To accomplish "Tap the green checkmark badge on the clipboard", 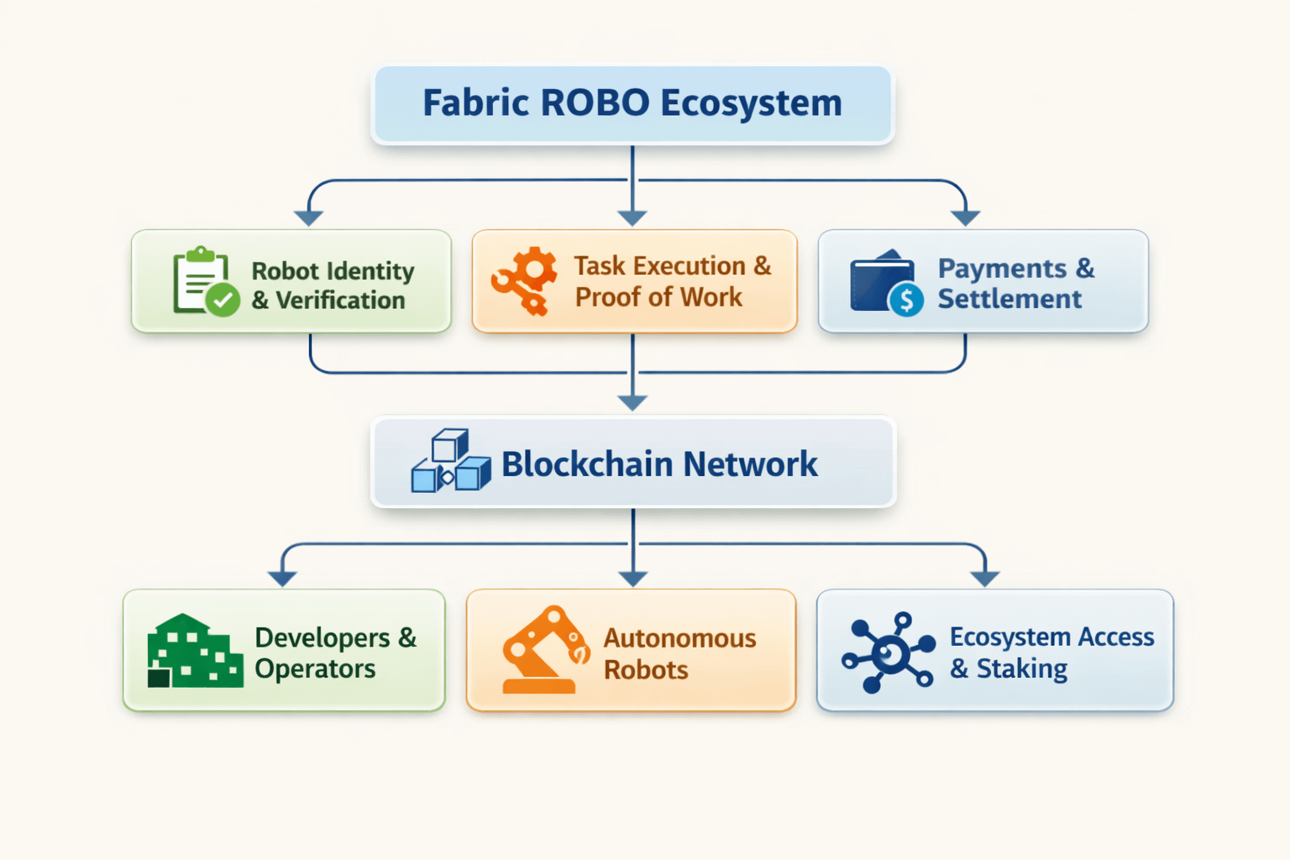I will tap(223, 300).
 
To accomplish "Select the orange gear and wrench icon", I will tap(525, 281).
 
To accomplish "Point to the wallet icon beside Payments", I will tap(882, 281).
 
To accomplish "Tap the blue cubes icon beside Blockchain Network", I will tap(451, 461).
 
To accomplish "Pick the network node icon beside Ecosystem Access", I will tap(889, 652).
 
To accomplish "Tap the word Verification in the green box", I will tap(340, 300).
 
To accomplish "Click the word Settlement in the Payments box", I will tap(1009, 299).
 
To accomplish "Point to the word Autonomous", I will tap(679, 638).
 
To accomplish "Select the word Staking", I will tap(1021, 669).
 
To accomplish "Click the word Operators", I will tap(315, 669).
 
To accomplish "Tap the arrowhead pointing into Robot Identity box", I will tap(309, 218).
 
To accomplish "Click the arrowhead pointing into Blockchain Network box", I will tap(632, 403).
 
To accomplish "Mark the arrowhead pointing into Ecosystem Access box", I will tap(984, 579).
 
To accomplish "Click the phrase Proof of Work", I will tap(658, 297).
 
